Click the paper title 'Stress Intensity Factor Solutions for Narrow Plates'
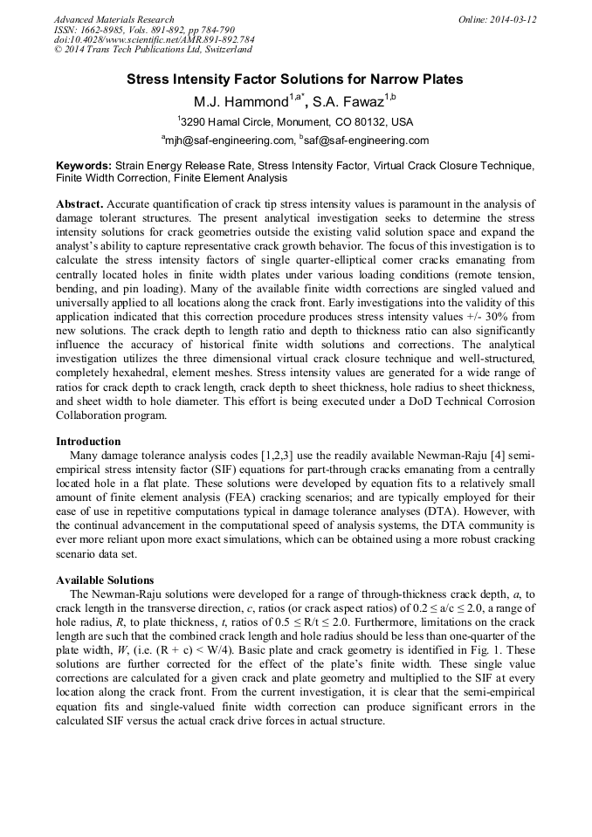coord(295,79)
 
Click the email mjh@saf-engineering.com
coord(230,141)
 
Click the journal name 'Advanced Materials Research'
coord(114,19)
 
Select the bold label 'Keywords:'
coord(83,165)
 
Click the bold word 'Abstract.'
coord(79,203)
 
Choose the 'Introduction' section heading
coord(88,442)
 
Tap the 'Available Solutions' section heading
coord(105,580)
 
